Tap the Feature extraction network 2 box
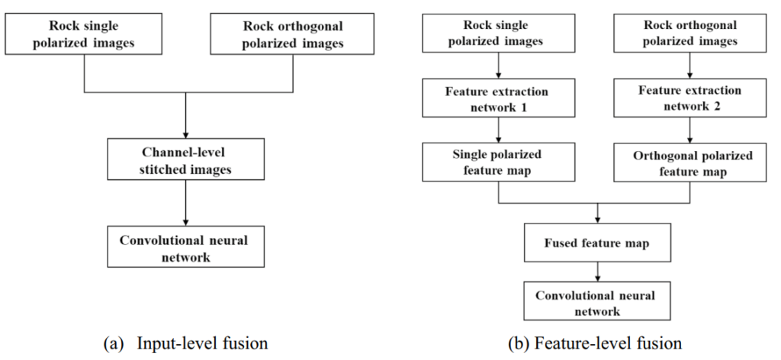click(x=690, y=98)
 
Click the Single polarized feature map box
click(x=498, y=163)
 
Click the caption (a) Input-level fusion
click(x=185, y=344)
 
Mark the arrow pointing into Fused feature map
click(x=598, y=214)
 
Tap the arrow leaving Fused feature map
click(x=598, y=272)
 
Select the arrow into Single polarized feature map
click(x=498, y=131)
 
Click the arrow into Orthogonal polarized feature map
click(x=690, y=131)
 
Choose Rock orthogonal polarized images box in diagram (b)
click(x=690, y=34)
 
